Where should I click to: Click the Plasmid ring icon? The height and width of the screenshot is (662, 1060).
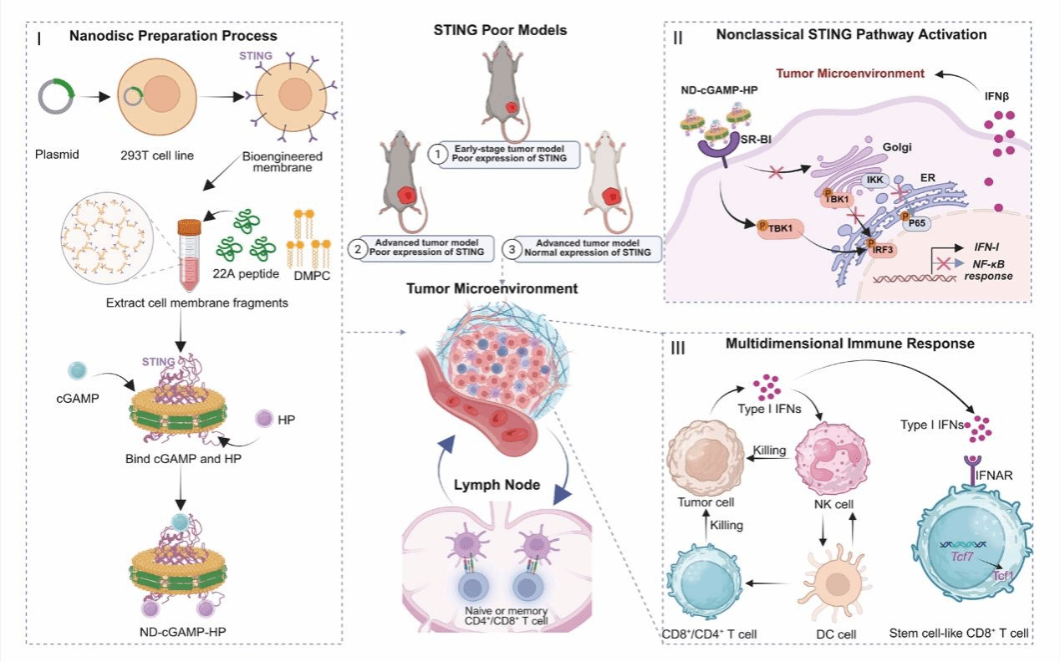(x=57, y=99)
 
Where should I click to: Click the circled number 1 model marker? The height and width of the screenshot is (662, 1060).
(x=436, y=154)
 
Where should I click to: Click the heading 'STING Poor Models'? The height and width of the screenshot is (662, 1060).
(x=500, y=31)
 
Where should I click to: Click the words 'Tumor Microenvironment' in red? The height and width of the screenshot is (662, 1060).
(x=849, y=74)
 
